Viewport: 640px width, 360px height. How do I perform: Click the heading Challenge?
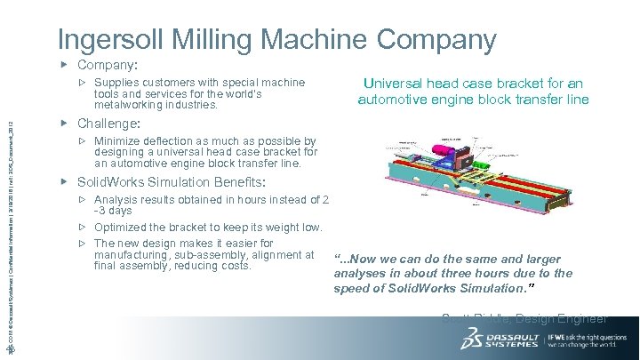(109, 123)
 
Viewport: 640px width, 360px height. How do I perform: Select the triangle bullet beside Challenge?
(64, 123)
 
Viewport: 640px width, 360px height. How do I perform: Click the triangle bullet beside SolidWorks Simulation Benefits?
(64, 180)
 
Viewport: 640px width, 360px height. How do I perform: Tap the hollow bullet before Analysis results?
(82, 199)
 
